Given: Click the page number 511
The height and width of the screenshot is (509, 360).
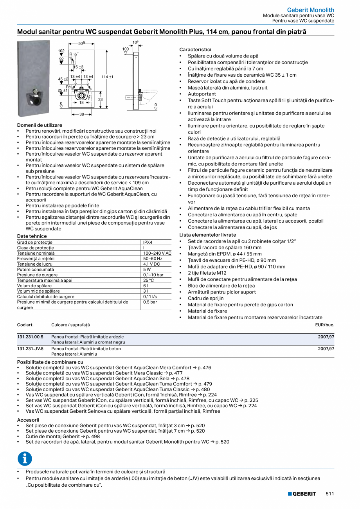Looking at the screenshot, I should pyautogui.click(x=330, y=494).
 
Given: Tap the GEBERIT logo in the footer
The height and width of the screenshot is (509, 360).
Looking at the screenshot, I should pyautogui.click(x=302, y=494).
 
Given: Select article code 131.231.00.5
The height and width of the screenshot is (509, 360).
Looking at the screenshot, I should pyautogui.click(x=31, y=336).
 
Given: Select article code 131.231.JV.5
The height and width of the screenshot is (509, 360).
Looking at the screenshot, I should pyautogui.click(x=31, y=348).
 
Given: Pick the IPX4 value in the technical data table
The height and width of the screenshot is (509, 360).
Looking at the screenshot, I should pyautogui.click(x=148, y=242).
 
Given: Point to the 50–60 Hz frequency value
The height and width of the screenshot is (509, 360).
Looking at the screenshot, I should pyautogui.click(x=152, y=259).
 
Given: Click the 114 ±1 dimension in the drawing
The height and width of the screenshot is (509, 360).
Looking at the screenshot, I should pyautogui.click(x=107, y=77).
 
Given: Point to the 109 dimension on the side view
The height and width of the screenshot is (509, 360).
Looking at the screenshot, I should pyautogui.click(x=125, y=49).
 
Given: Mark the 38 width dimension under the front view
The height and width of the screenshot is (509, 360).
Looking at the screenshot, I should pyautogui.click(x=82, y=115).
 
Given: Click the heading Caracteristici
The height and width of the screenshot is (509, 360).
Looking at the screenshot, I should pyautogui.click(x=195, y=50).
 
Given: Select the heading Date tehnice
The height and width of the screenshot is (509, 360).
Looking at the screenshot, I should pyautogui.click(x=32, y=236).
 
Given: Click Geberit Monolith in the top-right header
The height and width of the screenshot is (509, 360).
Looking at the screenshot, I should pyautogui.click(x=310, y=10).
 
